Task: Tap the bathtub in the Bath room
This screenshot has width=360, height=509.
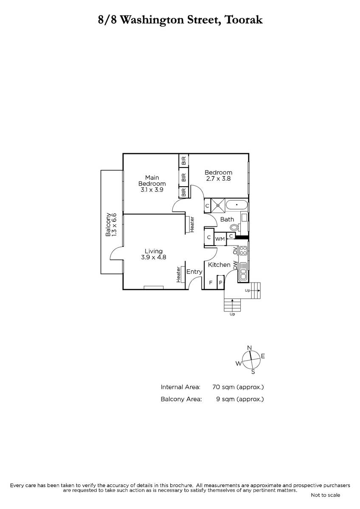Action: point(237,205)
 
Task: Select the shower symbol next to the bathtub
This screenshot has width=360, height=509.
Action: point(218,205)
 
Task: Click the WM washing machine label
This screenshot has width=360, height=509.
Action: point(220,239)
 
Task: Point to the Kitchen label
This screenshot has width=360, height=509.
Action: point(219,265)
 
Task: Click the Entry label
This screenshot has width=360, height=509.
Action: point(194,272)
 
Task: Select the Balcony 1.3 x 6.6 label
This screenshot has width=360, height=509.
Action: point(111,225)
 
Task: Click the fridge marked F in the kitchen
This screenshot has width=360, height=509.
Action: point(211,282)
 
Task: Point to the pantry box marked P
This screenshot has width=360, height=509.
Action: point(221,282)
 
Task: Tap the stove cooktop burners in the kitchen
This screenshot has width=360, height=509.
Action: point(243,250)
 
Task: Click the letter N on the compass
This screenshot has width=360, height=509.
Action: point(250,348)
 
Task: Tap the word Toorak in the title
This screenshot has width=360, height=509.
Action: point(243,20)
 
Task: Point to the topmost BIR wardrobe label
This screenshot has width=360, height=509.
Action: point(184,161)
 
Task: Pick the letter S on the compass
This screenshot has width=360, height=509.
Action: point(253,372)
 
